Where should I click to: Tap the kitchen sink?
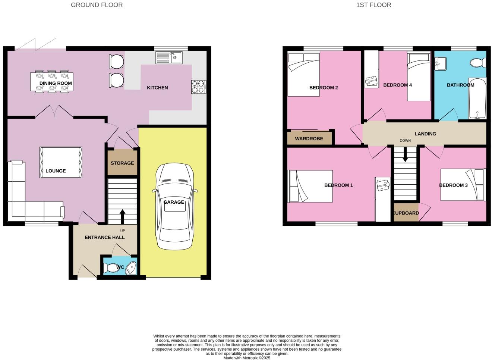[x=168, y=58]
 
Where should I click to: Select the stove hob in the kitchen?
[x=199, y=87]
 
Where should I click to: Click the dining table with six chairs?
[x=52, y=82]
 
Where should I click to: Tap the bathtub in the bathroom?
[x=477, y=98]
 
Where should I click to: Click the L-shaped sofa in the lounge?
[x=26, y=201]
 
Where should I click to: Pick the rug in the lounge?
[x=61, y=162]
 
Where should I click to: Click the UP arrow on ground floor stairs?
[x=122, y=217]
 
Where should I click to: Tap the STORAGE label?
[x=122, y=163]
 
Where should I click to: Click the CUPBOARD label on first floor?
[x=406, y=213]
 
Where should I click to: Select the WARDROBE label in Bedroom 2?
[x=309, y=139]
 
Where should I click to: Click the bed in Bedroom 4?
[x=419, y=77]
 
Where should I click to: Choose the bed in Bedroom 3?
[x=463, y=185]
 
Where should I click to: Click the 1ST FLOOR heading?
[x=373, y=5]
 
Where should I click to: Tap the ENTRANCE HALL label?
[x=105, y=237]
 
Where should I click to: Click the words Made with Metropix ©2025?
[x=247, y=358]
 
